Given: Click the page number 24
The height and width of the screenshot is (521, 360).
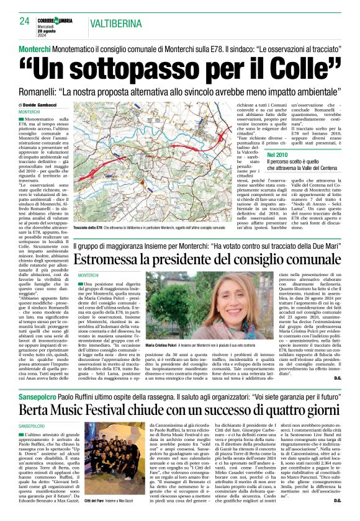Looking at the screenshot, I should [x=24, y=21].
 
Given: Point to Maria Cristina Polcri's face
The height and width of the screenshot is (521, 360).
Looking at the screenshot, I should [x=181, y=301].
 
